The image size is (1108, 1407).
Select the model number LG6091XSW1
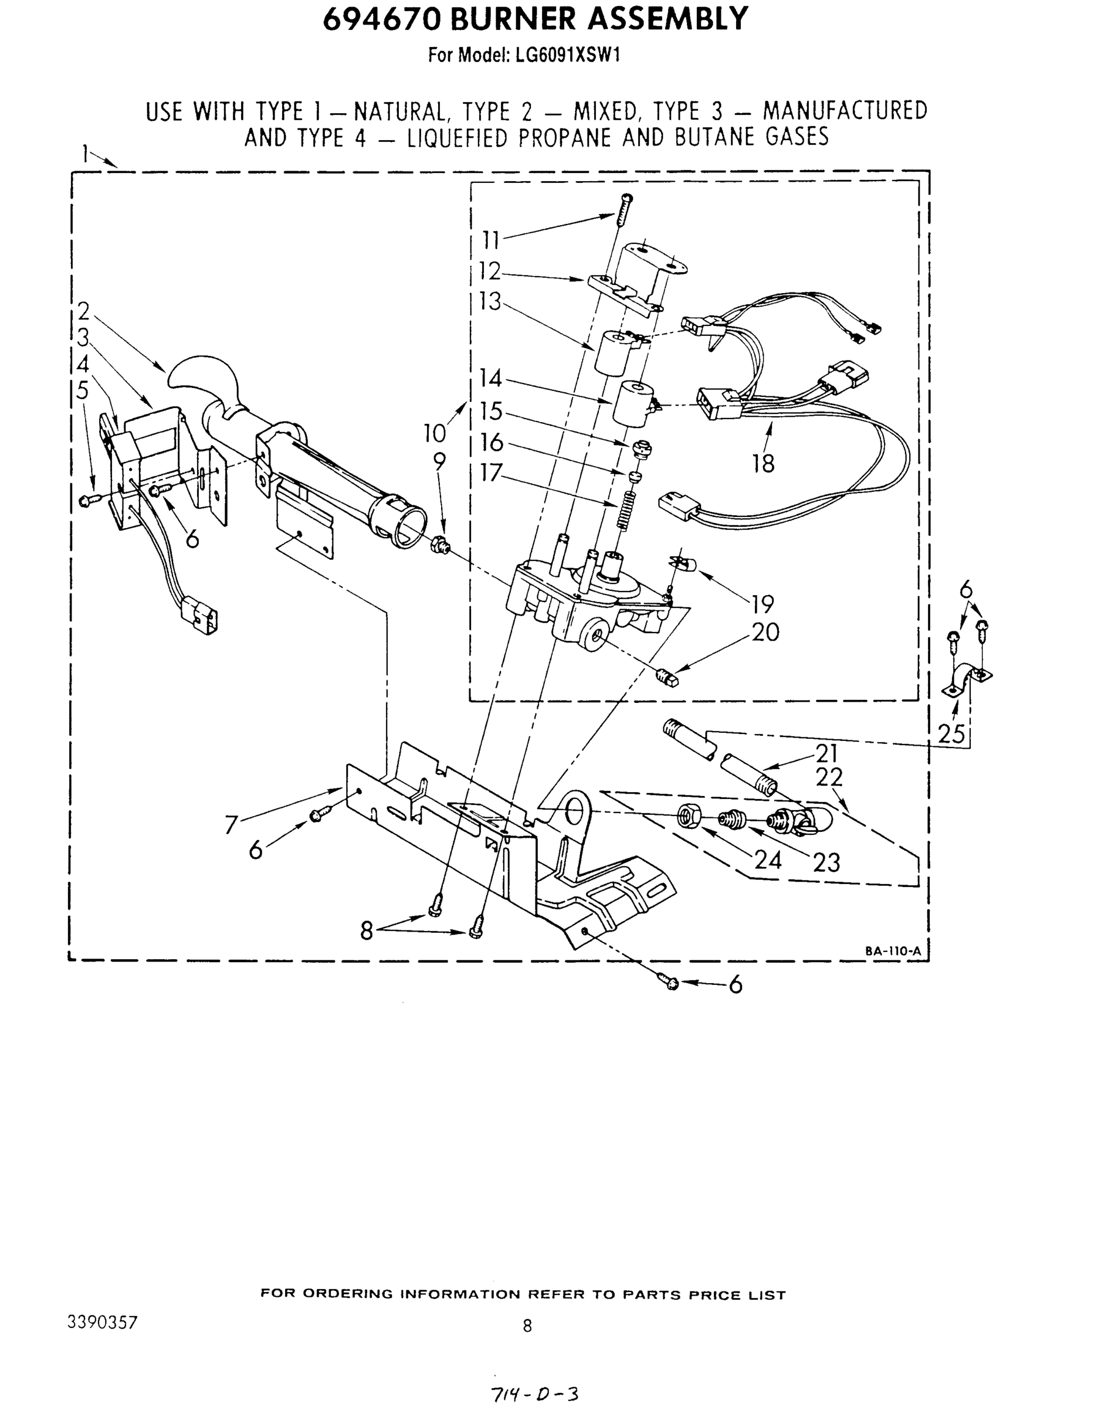point(568,56)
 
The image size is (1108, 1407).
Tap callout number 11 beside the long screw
point(491,240)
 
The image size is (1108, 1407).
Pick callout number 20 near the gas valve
point(765,632)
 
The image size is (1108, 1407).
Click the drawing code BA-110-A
point(893,951)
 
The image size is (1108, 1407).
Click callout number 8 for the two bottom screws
point(367,931)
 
